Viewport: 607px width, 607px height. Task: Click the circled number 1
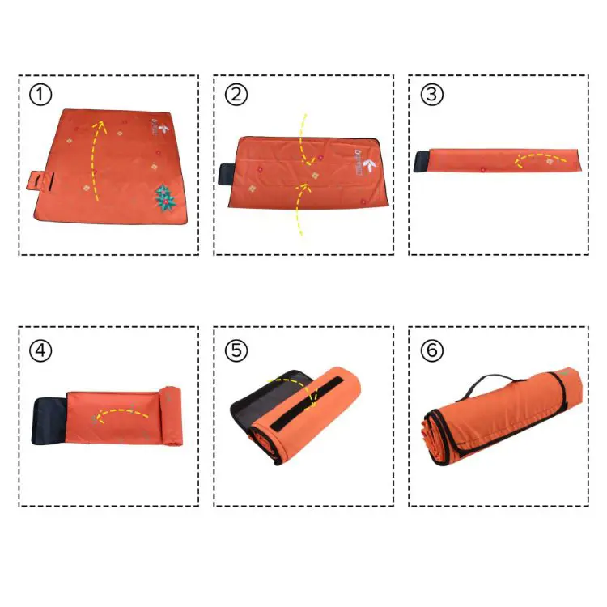[x=40, y=95]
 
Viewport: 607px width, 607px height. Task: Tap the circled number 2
[x=236, y=95]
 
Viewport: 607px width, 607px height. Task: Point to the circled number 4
[x=40, y=350]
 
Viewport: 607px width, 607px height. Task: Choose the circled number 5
[x=236, y=350]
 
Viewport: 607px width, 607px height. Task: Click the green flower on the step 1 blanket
[x=165, y=197]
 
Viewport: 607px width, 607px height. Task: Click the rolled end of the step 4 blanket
[x=172, y=416]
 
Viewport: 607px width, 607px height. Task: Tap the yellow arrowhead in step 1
[x=101, y=123]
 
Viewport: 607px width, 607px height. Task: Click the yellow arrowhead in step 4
[x=98, y=419]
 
